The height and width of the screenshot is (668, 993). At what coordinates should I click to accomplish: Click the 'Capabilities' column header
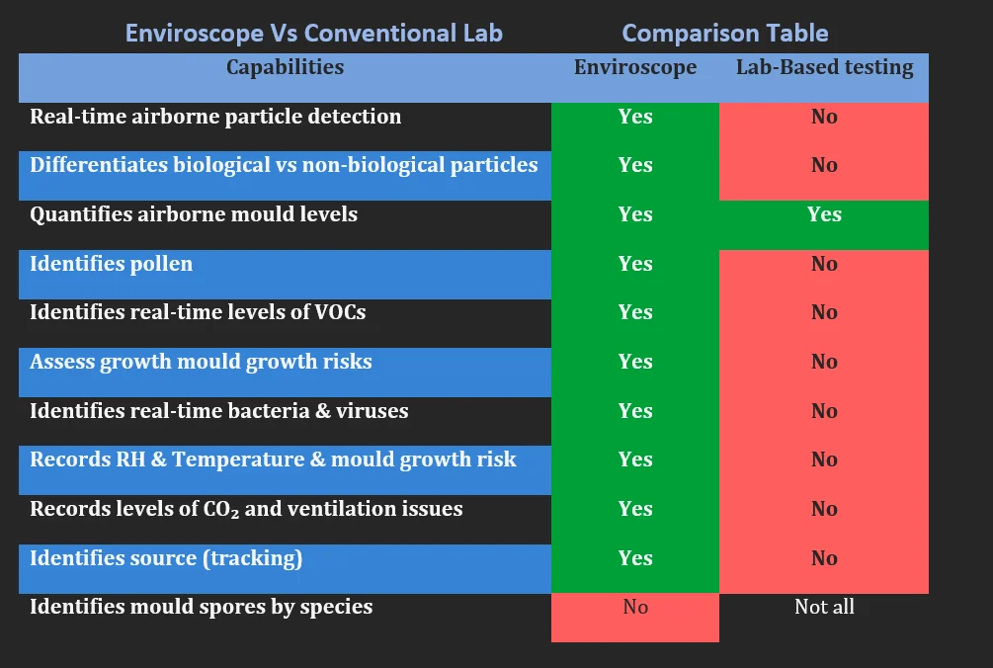(285, 67)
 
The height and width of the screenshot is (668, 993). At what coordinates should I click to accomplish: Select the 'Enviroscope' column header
(635, 67)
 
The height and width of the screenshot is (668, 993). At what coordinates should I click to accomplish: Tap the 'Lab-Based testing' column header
(825, 67)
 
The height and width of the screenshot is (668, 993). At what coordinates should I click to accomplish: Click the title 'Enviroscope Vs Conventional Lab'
(314, 33)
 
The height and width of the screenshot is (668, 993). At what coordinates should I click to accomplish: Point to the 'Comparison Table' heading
(725, 33)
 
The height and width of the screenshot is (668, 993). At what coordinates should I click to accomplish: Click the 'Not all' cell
(825, 607)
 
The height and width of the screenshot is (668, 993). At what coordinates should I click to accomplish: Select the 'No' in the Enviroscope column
(635, 607)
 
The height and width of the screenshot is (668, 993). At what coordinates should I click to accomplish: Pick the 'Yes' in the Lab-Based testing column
(825, 214)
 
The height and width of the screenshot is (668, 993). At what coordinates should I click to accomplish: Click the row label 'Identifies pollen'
(112, 264)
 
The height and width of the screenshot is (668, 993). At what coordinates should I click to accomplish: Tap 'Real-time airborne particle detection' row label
(215, 118)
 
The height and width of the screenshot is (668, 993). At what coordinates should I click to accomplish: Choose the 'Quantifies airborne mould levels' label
(194, 214)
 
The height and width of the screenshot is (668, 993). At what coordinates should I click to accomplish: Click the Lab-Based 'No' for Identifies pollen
(825, 264)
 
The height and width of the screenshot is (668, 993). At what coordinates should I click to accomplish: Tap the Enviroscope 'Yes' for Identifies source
(635, 558)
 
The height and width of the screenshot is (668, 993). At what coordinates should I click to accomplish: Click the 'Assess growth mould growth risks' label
(201, 363)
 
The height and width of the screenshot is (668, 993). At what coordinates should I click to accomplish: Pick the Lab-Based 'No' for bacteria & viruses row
(825, 411)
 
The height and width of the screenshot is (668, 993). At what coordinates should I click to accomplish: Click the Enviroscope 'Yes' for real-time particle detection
(635, 117)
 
